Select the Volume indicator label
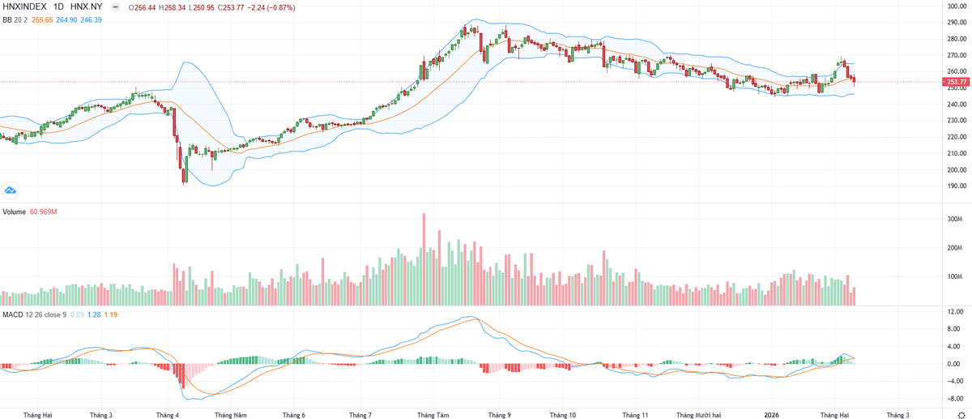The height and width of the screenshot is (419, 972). point(15,212)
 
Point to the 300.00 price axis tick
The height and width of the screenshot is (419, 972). point(957,6)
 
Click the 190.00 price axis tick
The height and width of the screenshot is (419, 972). point(957,186)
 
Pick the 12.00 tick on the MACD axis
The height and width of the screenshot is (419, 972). point(956,312)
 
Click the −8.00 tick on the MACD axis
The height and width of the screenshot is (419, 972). point(956,399)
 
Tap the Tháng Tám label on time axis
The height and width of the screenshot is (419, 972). point(433,414)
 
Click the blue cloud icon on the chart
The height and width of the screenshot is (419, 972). point(11,190)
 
